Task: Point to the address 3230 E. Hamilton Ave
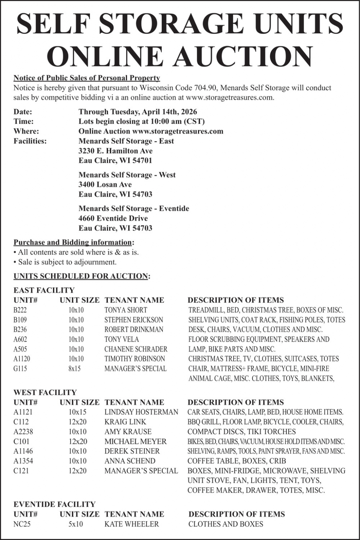115,151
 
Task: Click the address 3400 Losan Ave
105,184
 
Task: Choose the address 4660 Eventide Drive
113,218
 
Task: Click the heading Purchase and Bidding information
73,242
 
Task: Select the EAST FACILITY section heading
44,290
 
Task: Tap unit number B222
20,310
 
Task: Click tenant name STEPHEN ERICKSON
134,320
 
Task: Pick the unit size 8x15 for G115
75,368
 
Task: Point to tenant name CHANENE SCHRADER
136,349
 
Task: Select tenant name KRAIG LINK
125,422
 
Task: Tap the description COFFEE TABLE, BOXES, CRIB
237,461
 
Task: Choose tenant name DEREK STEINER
132,451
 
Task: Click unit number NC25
22,524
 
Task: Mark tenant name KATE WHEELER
132,524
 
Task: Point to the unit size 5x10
76,524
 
